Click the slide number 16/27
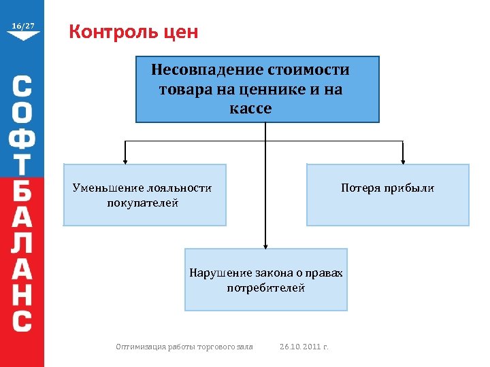(22, 26)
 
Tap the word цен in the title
(181, 32)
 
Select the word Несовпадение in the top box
(207, 70)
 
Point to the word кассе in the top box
(250, 109)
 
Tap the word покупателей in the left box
(142, 203)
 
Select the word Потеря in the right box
(361, 188)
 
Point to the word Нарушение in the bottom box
(220, 273)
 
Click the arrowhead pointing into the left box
(125, 160)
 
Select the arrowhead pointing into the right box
(403, 160)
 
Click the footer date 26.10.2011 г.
(304, 347)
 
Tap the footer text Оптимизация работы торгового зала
(184, 347)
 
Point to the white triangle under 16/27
(22, 36)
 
